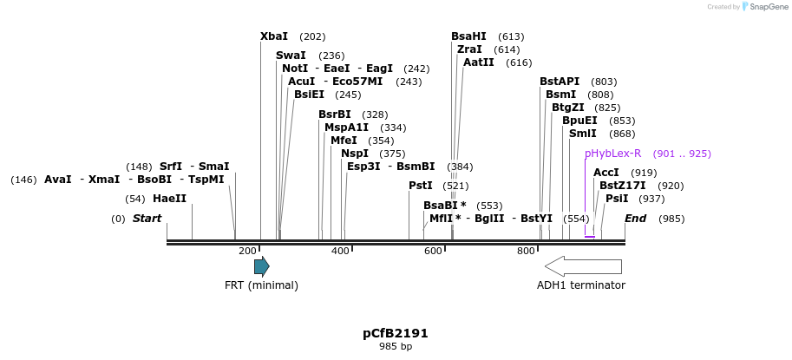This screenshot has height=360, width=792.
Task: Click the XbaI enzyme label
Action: pyautogui.click(x=274, y=36)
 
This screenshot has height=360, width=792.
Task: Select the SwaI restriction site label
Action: pyautogui.click(x=291, y=56)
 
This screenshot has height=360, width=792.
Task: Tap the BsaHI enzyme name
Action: pyautogui.click(x=468, y=36)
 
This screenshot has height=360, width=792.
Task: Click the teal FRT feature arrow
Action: pyautogui.click(x=261, y=266)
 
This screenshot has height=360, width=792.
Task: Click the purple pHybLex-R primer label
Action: pyautogui.click(x=612, y=154)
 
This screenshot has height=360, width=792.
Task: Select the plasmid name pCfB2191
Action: pyautogui.click(x=396, y=333)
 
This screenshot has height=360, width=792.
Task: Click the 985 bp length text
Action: pyautogui.click(x=396, y=347)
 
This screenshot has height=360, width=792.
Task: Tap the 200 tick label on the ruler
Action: pyautogui.click(x=247, y=252)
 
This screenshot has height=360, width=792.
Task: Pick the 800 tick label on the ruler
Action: pyautogui.click(x=527, y=252)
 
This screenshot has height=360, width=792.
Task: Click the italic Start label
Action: pyautogui.click(x=147, y=219)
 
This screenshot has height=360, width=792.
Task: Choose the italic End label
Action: pyautogui.click(x=636, y=219)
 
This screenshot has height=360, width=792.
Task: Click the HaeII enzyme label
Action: pyautogui.click(x=169, y=199)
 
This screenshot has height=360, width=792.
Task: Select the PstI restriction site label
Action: pyautogui.click(x=421, y=186)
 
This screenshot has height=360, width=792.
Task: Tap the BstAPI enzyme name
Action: pyautogui.click(x=560, y=82)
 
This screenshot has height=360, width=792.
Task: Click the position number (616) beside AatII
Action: pyautogui.click(x=519, y=62)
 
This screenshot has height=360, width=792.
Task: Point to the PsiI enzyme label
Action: pyautogui.click(x=617, y=199)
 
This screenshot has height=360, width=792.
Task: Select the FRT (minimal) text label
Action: pyautogui.click(x=261, y=285)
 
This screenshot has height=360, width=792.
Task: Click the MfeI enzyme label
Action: pyautogui.click(x=344, y=141)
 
